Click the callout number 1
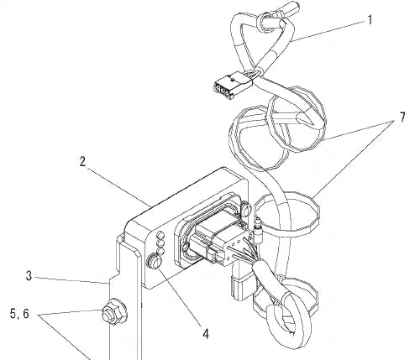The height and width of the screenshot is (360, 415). tap(370, 20)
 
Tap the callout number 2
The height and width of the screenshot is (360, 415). tap(82, 162)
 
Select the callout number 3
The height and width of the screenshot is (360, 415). tap(29, 276)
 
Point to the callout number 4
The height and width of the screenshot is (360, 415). tap(206, 334)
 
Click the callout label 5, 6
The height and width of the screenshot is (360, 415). tap(19, 314)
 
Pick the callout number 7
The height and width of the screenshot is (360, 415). tap(402, 117)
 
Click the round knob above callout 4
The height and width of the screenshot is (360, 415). tap(154, 261)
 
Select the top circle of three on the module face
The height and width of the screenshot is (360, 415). tap(160, 235)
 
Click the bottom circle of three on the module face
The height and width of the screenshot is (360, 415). tap(160, 251)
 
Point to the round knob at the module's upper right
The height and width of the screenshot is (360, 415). tap(245, 209)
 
